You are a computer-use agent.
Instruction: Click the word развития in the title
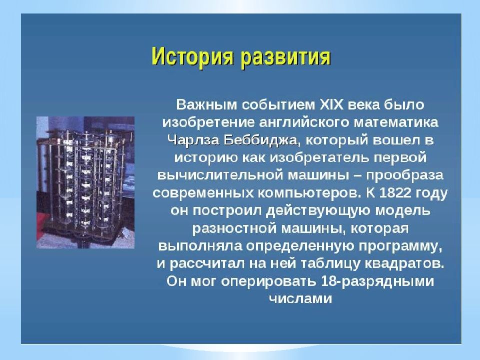point(285,57)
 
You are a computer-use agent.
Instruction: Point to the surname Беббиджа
point(260,140)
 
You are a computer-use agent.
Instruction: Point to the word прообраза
point(404,176)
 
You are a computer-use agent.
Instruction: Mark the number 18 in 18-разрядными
point(329,281)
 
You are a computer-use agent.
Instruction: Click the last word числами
point(300,298)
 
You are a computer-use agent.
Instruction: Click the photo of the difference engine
point(85,182)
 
